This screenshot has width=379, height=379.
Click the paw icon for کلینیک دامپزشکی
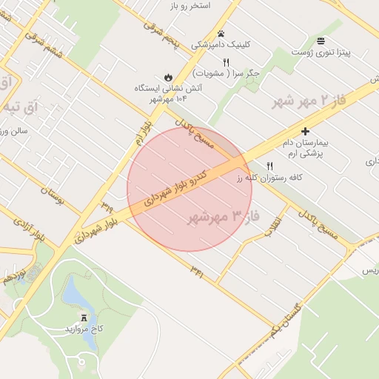(221, 33)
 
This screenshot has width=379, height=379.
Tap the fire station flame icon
(168, 77)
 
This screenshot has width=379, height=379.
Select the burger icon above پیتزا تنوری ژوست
(321, 41)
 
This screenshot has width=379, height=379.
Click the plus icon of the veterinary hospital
(305, 130)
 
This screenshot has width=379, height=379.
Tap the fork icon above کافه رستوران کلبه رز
(269, 166)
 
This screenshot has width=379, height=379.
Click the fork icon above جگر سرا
(226, 62)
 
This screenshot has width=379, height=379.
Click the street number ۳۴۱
(196, 268)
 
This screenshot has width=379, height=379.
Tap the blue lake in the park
(76, 293)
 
